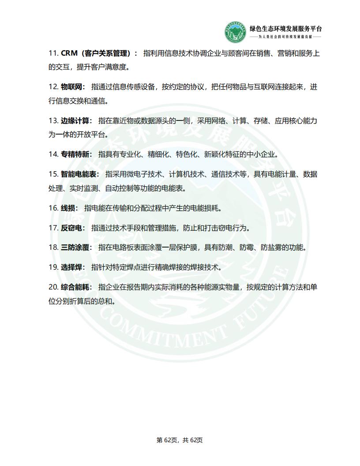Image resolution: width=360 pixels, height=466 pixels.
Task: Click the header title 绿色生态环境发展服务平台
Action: click(285, 29)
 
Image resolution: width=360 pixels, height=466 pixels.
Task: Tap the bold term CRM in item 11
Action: click(69, 53)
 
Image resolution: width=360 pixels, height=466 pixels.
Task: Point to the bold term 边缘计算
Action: click(76, 120)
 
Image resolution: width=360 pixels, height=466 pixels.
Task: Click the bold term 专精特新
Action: click(76, 154)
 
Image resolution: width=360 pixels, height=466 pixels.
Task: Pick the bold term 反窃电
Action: click(73, 228)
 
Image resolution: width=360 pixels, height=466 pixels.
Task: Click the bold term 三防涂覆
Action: click(76, 247)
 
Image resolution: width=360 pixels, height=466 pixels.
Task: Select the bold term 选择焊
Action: click(73, 267)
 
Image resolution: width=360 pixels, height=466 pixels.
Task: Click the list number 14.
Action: click(53, 154)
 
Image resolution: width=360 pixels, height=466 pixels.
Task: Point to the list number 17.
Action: click(53, 228)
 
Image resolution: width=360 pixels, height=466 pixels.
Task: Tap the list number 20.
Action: click(53, 287)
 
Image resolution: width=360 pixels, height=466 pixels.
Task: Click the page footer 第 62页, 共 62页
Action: click(180, 440)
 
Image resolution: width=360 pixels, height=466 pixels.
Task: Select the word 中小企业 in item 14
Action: click(260, 154)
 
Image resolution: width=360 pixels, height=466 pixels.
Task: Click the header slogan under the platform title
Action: click(285, 37)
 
